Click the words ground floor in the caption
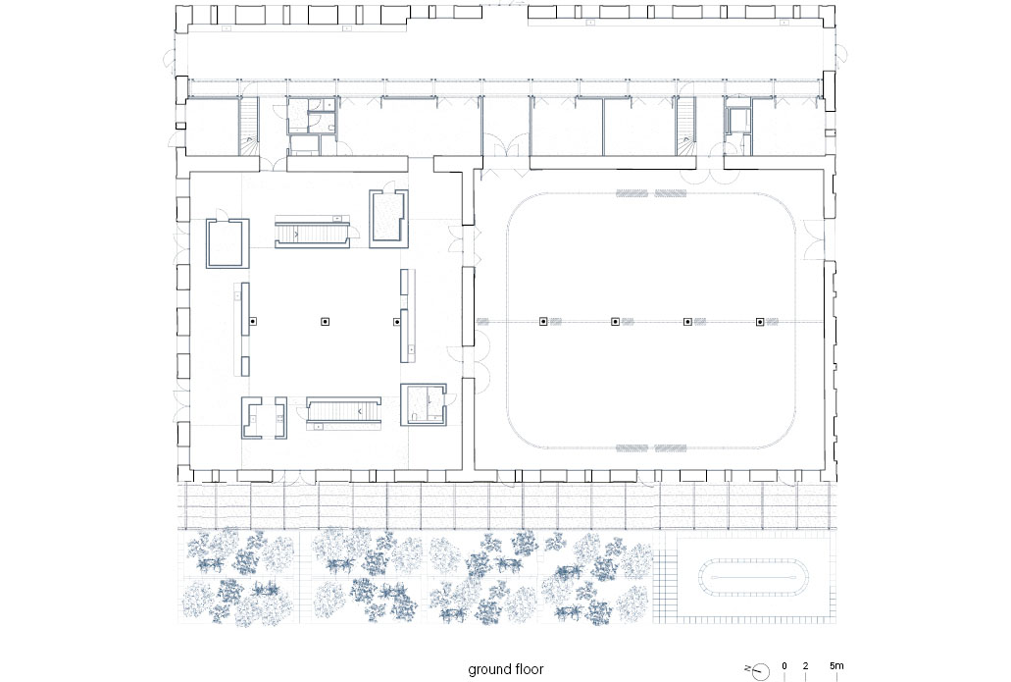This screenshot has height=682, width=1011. pos(506,669)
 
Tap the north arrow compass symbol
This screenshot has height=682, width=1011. pos(760,671)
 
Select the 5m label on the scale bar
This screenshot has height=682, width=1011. pos(836,666)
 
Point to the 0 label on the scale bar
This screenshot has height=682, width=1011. pos(784,666)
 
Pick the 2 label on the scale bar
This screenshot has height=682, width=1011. pos(805,666)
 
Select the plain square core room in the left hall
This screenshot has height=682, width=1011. pos(227,243)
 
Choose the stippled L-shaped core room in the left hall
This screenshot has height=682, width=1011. pos(388,218)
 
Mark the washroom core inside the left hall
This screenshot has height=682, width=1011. pos(423,404)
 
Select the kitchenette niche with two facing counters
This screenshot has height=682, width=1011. pos(265,417)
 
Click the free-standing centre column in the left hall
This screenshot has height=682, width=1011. pos(326,321)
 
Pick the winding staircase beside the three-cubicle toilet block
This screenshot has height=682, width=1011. pos(249,128)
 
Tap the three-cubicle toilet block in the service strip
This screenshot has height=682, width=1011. pos(312,127)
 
